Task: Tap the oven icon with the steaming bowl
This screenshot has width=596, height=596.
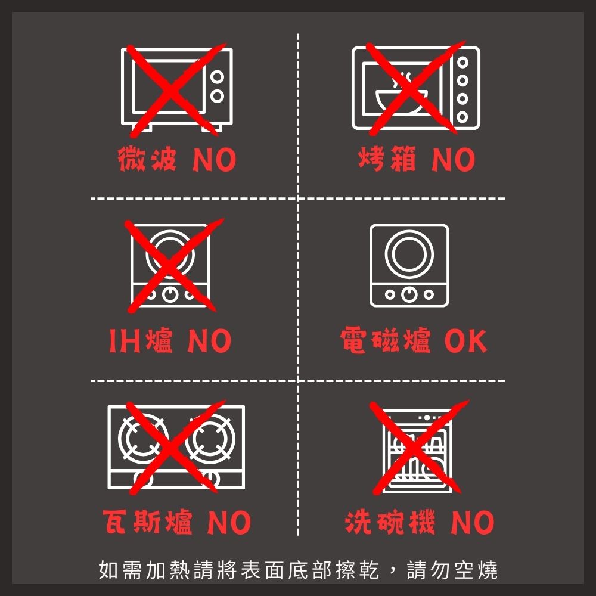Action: pos(415,88)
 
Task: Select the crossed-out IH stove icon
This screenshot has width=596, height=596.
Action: pos(169,265)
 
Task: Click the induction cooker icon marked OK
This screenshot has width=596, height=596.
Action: pos(409,265)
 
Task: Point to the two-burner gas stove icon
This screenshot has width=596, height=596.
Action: pos(176,447)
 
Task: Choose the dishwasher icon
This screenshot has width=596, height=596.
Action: pos(417,451)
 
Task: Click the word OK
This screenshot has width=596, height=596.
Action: pos(465,340)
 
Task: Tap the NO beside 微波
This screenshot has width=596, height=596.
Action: pos(214,160)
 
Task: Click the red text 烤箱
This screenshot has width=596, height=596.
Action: pos(387,159)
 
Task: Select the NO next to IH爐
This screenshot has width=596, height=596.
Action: pos(209,340)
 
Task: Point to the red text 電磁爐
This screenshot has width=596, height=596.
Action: pos(386,340)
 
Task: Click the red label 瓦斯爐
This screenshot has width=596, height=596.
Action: pos(147,522)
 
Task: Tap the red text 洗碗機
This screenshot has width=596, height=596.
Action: pos(390,522)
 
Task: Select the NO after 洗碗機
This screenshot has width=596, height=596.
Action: pos(472,522)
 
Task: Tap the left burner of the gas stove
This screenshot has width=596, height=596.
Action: pos(143,439)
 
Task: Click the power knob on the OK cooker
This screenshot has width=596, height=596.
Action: pos(409,294)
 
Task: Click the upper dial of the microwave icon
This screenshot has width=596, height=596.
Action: pos(217,77)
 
